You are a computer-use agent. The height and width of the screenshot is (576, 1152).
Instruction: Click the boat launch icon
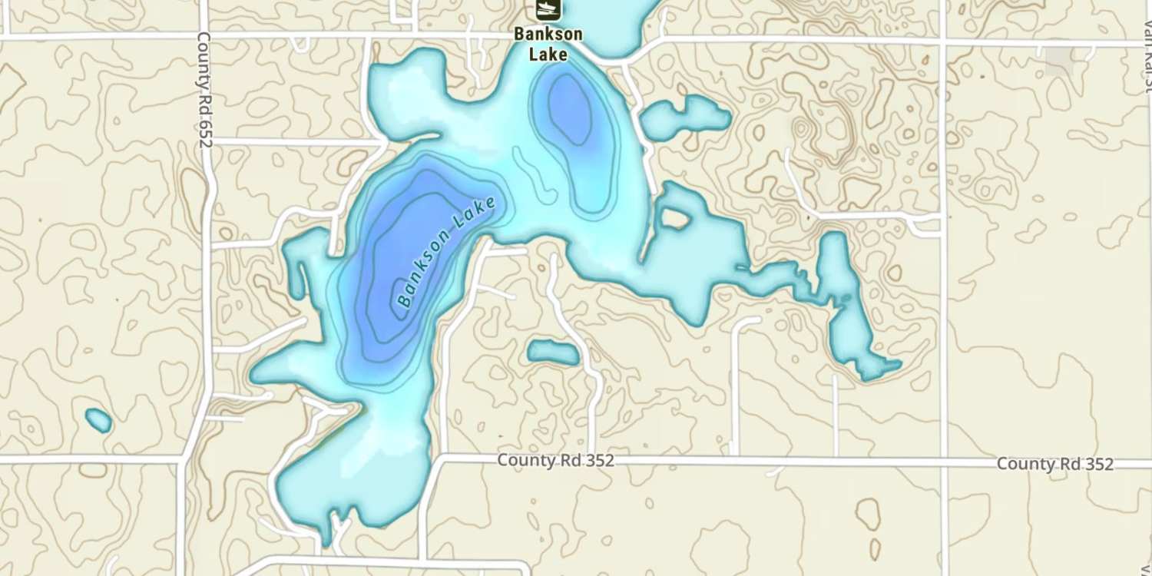[x=548, y=8]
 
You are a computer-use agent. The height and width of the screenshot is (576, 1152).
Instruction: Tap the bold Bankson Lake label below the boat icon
[x=548, y=44]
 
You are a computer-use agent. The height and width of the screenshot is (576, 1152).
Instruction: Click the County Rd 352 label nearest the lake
[x=555, y=460]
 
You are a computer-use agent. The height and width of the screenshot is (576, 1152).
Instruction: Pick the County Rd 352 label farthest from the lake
[x=1054, y=464]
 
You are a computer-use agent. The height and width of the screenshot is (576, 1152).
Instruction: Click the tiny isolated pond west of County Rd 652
[x=98, y=420]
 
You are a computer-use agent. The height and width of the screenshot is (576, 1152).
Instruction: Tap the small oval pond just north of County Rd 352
[x=553, y=353]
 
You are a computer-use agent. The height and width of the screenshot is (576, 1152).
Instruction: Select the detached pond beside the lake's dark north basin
[x=684, y=117]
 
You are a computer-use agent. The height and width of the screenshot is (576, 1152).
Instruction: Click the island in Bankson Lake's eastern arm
[x=675, y=218]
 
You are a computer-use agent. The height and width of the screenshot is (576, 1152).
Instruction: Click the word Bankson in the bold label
[x=548, y=35]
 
